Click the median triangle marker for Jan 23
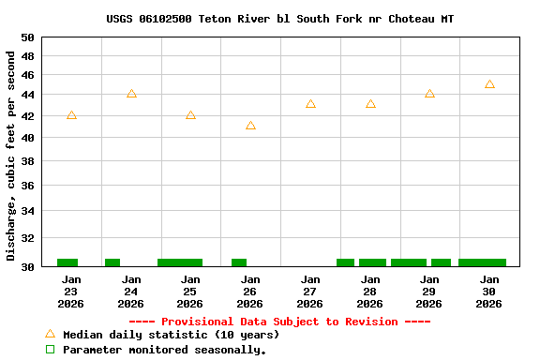click(71, 115)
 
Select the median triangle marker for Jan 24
click(131, 94)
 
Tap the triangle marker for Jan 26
click(250, 126)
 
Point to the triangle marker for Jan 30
click(489, 84)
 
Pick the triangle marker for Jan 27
click(310, 104)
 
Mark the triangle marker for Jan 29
click(429, 94)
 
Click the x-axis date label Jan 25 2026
click(190, 292)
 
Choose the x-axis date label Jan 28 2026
click(370, 292)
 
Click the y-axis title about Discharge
click(11, 156)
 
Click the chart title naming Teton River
click(280, 19)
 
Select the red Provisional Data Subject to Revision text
click(279, 322)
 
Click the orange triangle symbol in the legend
click(51, 334)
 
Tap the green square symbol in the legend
click(51, 350)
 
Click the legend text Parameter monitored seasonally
click(165, 350)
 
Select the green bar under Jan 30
click(482, 262)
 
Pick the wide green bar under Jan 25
click(180, 262)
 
